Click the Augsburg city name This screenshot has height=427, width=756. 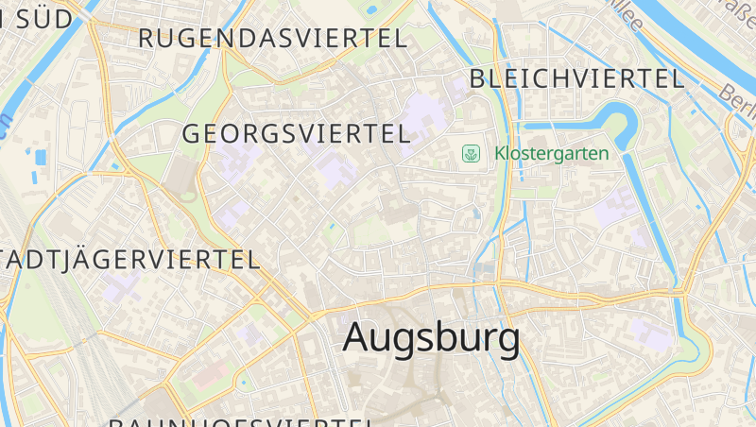pos(431,337)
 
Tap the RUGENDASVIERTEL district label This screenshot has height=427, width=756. pos(273,39)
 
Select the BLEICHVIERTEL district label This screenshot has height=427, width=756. pos(576,78)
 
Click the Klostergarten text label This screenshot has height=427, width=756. pos(551,153)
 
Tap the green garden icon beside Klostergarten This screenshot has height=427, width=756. pos(470,153)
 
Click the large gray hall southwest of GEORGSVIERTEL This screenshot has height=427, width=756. pos(180,174)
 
